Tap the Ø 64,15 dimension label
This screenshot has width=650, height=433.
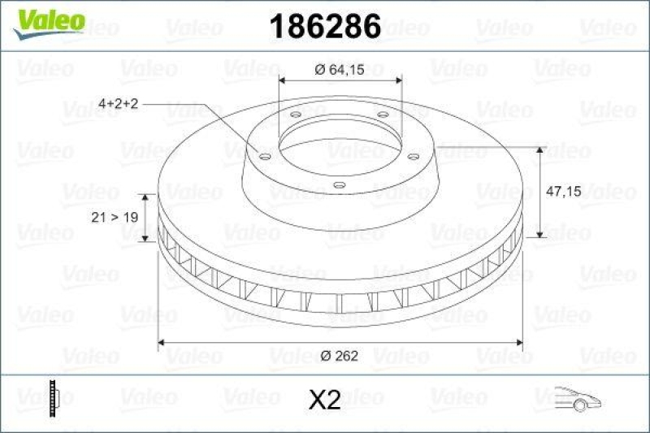coord(340,68)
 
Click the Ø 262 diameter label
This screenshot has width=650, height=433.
coord(340,356)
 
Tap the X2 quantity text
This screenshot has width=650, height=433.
coord(325,399)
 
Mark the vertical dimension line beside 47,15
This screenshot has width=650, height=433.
coord(540,192)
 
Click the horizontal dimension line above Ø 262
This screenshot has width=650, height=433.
coord(340,343)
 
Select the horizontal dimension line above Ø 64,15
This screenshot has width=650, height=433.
coord(340,80)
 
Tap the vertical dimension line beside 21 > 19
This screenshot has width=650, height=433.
coord(146,218)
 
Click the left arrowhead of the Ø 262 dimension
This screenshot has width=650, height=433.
coord(162,343)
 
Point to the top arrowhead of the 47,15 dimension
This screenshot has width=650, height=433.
coord(540,151)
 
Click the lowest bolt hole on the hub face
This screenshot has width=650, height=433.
coord(340,185)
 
